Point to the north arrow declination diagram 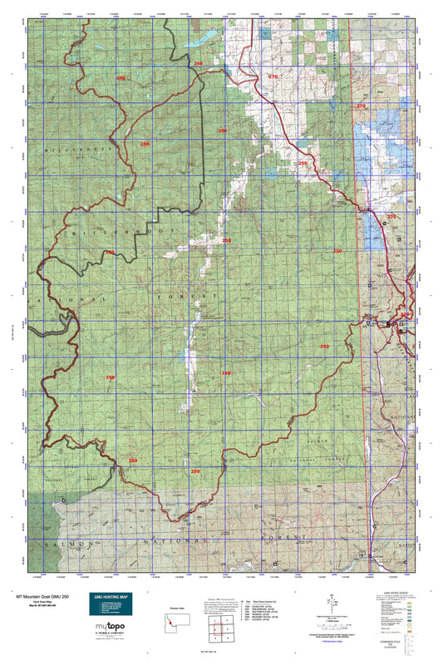(332, 601)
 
